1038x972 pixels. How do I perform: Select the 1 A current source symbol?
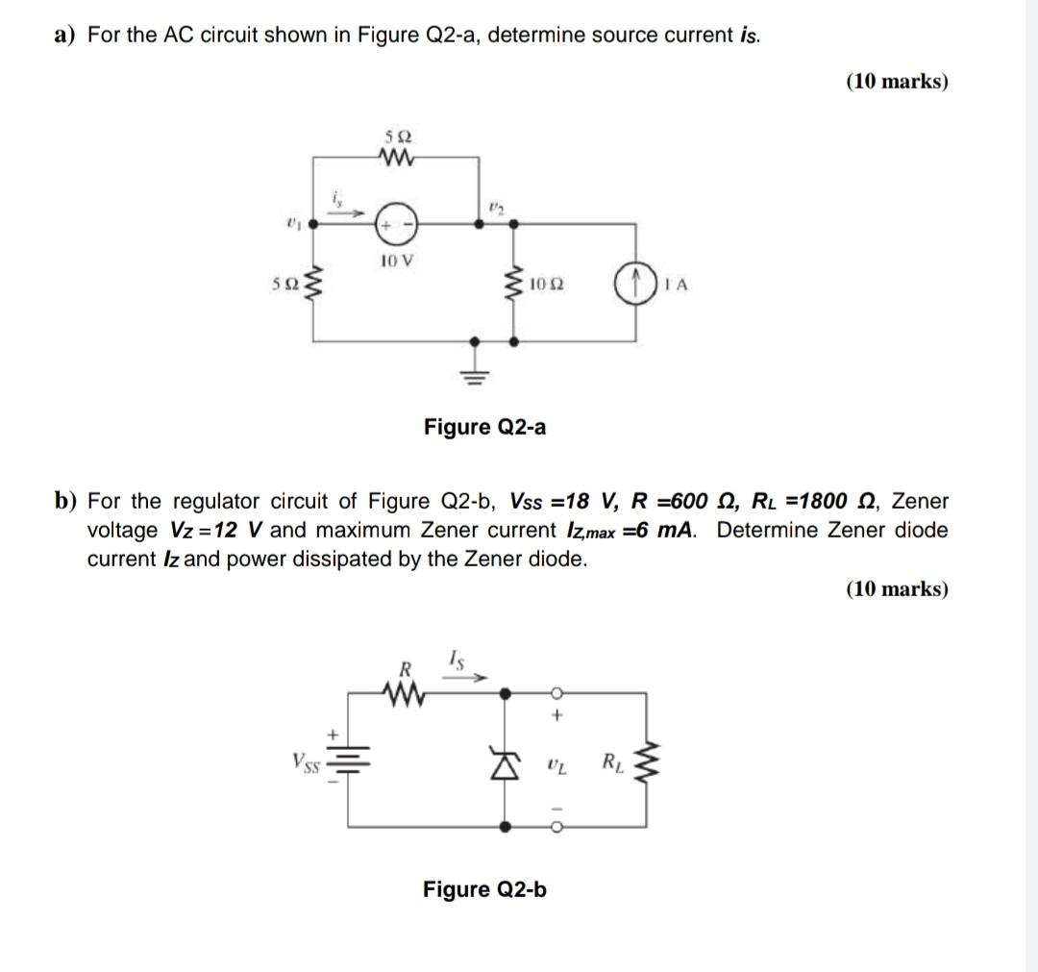[634, 285]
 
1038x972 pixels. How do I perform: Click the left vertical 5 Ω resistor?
[314, 285]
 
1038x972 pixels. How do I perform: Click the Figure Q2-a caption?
[484, 426]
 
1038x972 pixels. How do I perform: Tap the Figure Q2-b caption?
[484, 889]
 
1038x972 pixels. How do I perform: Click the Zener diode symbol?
[507, 766]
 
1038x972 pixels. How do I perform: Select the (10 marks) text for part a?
[897, 82]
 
